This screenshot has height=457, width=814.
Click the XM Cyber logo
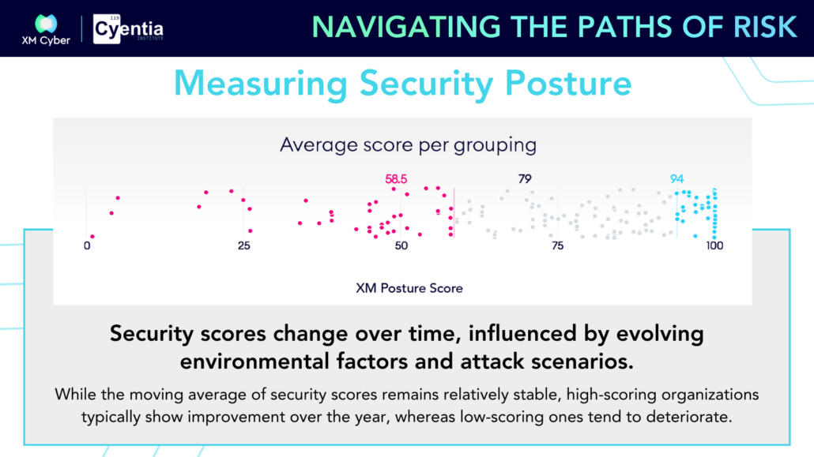(x=46, y=29)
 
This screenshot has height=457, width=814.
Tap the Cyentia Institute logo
(x=128, y=29)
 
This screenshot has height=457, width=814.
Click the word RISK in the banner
(x=765, y=27)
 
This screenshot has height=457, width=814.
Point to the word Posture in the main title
(x=568, y=83)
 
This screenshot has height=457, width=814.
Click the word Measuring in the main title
(x=261, y=83)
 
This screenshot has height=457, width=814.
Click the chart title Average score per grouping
(x=408, y=144)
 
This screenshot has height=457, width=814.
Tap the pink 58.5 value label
(x=396, y=179)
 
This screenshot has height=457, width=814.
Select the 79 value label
(x=525, y=179)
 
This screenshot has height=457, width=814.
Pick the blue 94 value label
(x=676, y=179)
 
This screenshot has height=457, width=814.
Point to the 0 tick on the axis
(x=87, y=246)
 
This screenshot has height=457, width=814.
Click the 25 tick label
(x=244, y=246)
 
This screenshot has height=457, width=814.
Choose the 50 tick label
(x=401, y=246)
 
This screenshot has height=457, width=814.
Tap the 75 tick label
(x=557, y=246)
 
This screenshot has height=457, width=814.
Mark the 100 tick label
(x=714, y=246)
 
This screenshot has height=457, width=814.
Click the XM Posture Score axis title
(x=409, y=288)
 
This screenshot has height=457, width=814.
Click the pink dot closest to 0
(x=92, y=237)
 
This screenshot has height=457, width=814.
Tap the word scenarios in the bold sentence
(x=582, y=361)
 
